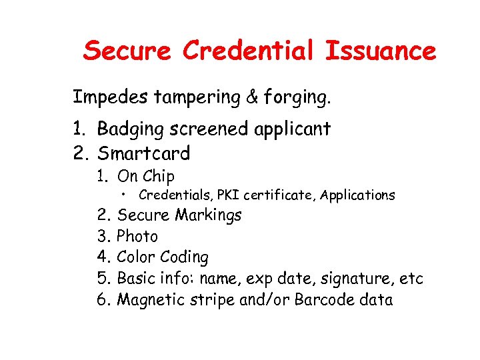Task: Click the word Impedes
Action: click(111, 98)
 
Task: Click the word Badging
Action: click(129, 129)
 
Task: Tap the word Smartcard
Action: click(144, 153)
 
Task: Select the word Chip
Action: click(158, 177)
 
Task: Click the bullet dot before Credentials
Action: click(125, 195)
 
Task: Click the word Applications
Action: click(357, 195)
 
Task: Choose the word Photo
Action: click(137, 236)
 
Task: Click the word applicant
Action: click(293, 129)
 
